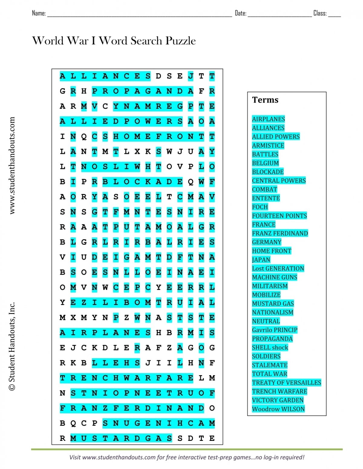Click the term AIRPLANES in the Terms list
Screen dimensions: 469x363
point(268,119)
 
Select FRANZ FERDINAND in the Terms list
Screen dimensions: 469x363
point(280,233)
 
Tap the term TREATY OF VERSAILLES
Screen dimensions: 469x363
point(286,382)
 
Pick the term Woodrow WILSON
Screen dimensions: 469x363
point(278,409)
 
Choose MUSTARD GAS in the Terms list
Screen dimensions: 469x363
point(273,303)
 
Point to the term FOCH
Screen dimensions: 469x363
point(260,207)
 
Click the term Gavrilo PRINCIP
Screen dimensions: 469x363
point(275,330)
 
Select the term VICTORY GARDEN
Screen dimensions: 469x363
point(278,400)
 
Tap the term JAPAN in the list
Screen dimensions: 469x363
point(261,259)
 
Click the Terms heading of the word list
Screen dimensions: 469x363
point(265,100)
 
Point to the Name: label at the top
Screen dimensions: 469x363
point(39,13)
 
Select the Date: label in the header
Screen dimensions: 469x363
point(240,13)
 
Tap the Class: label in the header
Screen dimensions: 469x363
point(320,13)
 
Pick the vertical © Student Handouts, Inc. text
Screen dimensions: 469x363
point(12,346)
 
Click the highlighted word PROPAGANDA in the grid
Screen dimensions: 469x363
point(142,91)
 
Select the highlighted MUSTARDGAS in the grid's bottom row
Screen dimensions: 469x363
point(121,438)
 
